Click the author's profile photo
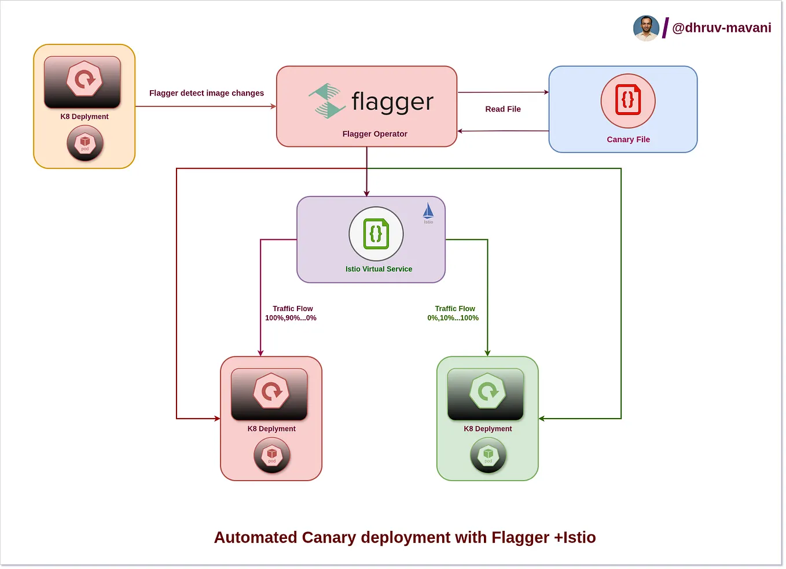(646, 28)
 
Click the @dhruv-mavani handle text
(721, 28)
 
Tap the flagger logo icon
(327, 101)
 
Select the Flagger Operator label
(374, 134)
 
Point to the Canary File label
(628, 139)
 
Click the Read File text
(502, 109)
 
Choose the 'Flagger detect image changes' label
(206, 93)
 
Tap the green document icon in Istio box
(376, 234)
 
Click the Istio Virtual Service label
(379, 269)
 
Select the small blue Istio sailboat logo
(428, 212)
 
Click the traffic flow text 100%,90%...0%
(291, 318)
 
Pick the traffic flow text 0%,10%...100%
(453, 318)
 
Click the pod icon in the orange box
(85, 143)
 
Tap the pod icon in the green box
(488, 455)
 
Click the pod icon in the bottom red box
(271, 455)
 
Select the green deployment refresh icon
(487, 391)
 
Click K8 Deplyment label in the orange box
(85, 116)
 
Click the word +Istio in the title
(575, 537)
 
